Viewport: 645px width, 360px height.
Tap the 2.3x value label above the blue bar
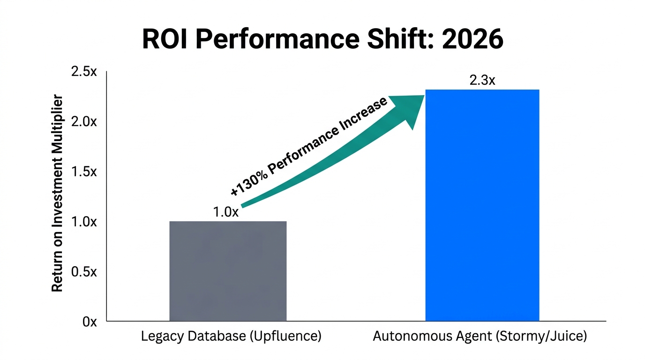coord(482,81)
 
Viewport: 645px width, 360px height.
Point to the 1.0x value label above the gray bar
coord(226,212)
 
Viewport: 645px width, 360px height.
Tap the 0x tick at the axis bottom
coord(89,322)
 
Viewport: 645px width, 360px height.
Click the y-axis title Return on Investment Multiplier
coord(57,194)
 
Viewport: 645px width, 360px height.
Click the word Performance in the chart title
coord(276,40)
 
